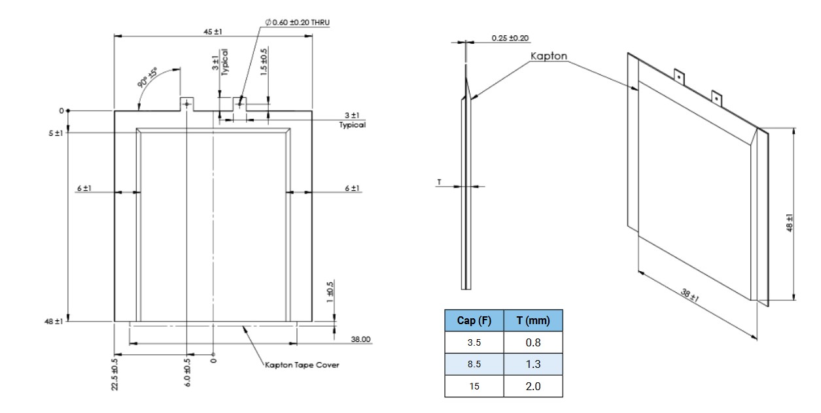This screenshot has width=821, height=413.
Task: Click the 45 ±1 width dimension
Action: click(x=213, y=31)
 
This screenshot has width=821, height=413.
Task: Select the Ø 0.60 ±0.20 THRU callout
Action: click(x=298, y=22)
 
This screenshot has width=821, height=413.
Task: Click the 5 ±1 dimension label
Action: click(x=55, y=133)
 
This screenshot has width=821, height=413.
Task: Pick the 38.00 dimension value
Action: click(x=360, y=339)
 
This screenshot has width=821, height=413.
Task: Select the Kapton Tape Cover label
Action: click(x=302, y=365)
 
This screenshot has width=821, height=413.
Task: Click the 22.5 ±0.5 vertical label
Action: click(x=115, y=374)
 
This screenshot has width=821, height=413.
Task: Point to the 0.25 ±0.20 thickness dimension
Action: click(x=510, y=38)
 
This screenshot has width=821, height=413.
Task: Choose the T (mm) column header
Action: click(x=533, y=320)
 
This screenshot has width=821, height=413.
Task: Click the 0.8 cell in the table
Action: click(x=533, y=342)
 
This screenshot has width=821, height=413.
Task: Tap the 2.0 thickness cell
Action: click(x=533, y=386)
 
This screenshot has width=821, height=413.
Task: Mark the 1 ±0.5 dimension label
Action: click(x=330, y=289)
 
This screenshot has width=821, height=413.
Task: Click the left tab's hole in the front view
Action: click(x=187, y=103)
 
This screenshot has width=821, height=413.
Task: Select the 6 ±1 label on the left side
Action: click(x=84, y=188)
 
